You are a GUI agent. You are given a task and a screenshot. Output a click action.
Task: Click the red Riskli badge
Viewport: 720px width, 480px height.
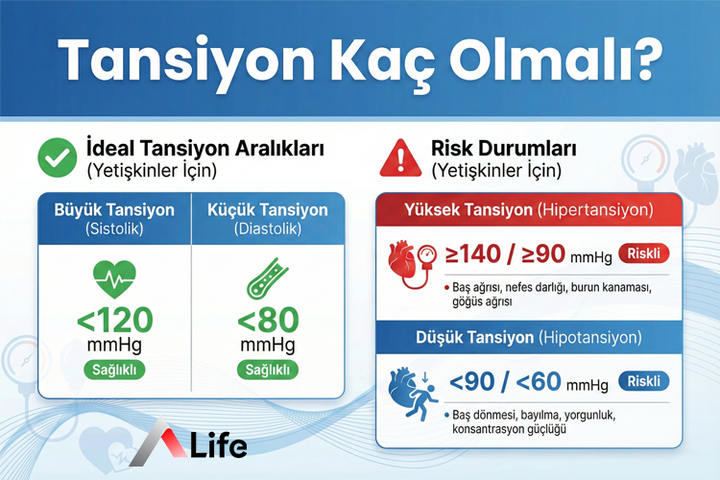(645, 254)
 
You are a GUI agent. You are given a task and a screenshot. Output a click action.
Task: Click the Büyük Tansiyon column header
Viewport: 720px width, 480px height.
(114, 218)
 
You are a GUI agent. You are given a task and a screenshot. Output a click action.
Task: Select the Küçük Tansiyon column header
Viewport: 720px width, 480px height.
(268, 218)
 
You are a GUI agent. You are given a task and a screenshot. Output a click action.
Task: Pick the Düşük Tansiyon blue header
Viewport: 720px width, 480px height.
(529, 338)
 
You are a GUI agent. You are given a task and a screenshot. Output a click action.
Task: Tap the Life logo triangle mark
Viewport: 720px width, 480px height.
(155, 444)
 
